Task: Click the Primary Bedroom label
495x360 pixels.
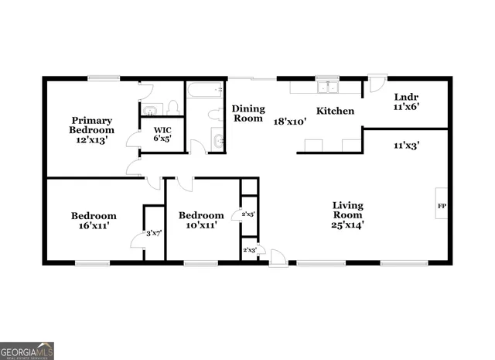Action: tap(92, 125)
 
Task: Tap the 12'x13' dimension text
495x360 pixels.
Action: tap(92, 142)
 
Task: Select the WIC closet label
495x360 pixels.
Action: tap(162, 129)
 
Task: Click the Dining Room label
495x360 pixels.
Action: tap(248, 114)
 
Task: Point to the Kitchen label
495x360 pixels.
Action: tap(335, 111)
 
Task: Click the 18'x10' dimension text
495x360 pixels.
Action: tap(291, 121)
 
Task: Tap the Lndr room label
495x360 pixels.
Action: tap(406, 98)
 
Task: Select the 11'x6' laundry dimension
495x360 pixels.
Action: tap(407, 108)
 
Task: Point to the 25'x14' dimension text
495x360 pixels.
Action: tap(348, 225)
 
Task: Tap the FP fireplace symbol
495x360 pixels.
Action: tap(442, 206)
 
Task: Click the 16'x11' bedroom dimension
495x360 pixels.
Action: tap(94, 225)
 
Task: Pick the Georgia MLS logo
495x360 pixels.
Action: tap(27, 351)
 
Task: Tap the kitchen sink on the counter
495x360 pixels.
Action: tap(328, 86)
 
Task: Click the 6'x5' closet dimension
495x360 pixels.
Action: tap(162, 139)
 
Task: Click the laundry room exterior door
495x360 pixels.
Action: tap(377, 82)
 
